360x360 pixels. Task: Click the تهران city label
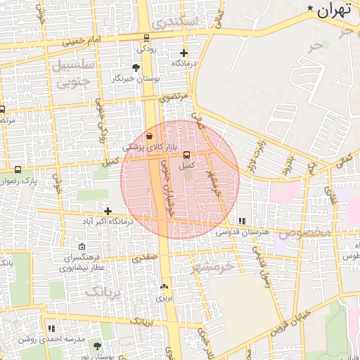pyautogui.click(x=333, y=11)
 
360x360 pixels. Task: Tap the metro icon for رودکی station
pyautogui.click(x=146, y=38)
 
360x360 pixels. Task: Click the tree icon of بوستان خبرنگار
pyautogui.click(x=136, y=68)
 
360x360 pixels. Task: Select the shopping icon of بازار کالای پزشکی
pyautogui.click(x=150, y=136)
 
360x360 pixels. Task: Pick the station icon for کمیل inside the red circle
pyautogui.click(x=186, y=155)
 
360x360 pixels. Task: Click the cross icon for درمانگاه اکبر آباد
pyautogui.click(x=108, y=210)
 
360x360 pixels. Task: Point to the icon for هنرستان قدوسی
pyautogui.click(x=242, y=221)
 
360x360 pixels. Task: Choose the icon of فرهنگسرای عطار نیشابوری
pyautogui.click(x=82, y=247)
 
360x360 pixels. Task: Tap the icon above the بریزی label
pyautogui.click(x=165, y=286)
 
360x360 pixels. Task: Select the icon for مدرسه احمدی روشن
pyautogui.click(x=51, y=328)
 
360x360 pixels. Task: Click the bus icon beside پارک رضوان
pyautogui.click(x=18, y=169)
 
